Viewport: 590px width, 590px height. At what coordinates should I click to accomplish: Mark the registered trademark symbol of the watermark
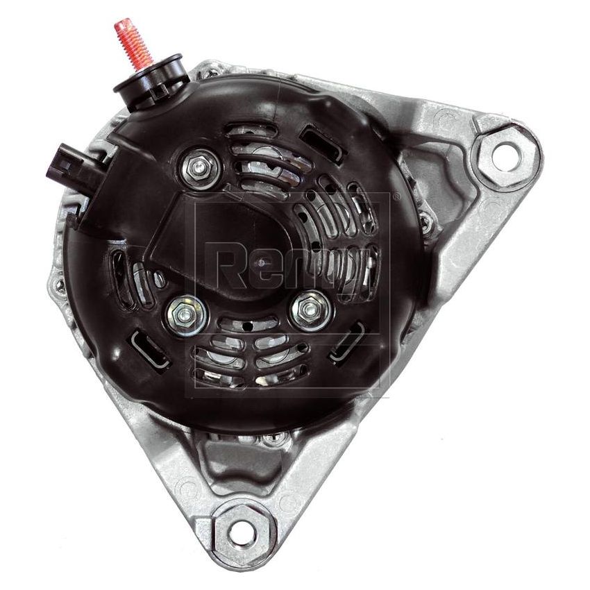(x=396, y=198)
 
